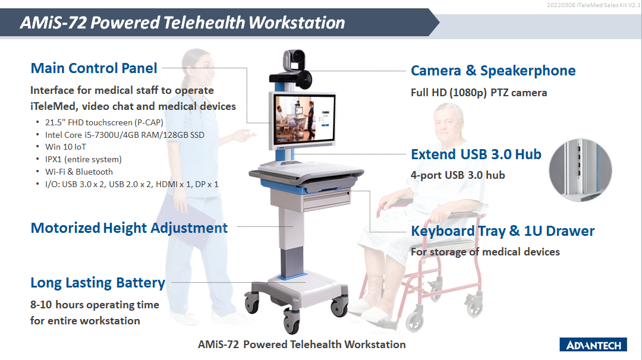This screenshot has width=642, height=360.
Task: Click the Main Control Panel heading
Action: click(94, 68)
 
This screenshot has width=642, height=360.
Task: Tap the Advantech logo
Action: click(593, 345)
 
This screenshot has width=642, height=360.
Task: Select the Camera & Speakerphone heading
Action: click(493, 71)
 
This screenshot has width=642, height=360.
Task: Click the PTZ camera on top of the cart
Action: click(294, 60)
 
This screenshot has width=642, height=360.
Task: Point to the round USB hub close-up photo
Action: click(580, 170)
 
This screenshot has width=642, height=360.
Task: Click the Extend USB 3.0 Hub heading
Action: click(476, 154)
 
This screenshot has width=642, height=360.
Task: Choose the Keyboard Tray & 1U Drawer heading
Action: click(503, 231)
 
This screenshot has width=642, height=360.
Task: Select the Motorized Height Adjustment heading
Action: click(129, 228)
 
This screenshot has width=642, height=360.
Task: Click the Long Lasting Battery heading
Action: click(97, 283)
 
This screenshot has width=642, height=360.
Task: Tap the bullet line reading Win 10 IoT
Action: click(65, 147)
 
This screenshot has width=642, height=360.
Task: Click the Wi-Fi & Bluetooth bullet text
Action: click(79, 172)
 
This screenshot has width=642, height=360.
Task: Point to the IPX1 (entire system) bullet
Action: click(84, 160)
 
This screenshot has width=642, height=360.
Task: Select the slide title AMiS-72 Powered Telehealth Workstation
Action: click(182, 23)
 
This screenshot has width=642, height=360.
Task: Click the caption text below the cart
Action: click(302, 345)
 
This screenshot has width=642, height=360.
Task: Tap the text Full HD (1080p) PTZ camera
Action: click(479, 93)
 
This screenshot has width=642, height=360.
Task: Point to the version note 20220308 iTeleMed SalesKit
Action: click(593, 5)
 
